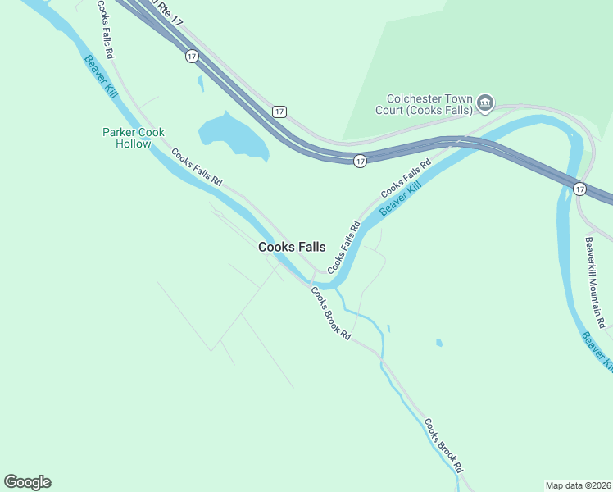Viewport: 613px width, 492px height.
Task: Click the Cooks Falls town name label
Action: (x=292, y=247)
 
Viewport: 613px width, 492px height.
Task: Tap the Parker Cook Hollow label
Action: (x=127, y=138)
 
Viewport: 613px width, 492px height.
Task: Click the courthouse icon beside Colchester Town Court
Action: (x=485, y=102)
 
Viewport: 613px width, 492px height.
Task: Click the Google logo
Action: (x=27, y=482)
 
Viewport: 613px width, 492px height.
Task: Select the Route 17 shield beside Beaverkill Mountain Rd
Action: (x=579, y=189)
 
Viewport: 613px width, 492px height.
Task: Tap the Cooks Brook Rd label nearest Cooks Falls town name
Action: (x=331, y=314)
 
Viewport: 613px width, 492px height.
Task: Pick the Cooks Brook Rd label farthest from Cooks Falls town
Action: (x=443, y=446)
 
